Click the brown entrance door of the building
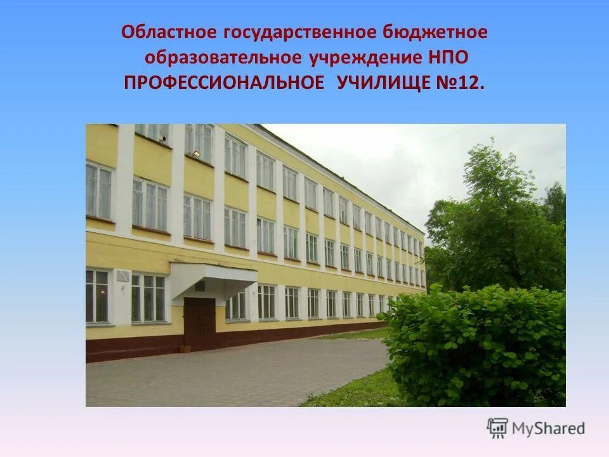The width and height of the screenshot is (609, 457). click(x=199, y=324)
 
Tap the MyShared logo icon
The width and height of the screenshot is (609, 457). click(x=497, y=428)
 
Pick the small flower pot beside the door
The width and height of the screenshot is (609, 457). click(x=185, y=348)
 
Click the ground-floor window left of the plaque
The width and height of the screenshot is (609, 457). click(x=97, y=296)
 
